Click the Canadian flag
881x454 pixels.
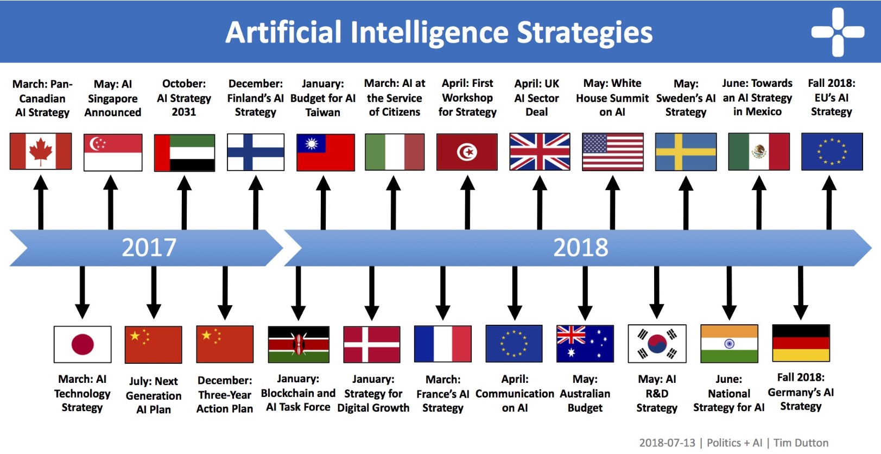point(41,151)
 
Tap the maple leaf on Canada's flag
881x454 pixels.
point(41,152)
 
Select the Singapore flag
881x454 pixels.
point(113,152)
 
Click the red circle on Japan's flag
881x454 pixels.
point(83,344)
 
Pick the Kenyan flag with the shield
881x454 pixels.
point(299,344)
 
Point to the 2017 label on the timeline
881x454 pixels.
point(149,248)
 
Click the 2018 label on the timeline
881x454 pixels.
point(580,248)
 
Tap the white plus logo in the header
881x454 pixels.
point(838,32)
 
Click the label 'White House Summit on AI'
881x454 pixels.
point(612,98)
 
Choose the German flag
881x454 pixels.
point(801,343)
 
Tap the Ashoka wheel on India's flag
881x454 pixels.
point(729,344)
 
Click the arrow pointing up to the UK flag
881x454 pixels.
point(540,203)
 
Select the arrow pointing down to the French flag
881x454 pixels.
point(443,293)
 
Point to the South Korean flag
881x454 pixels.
point(657,344)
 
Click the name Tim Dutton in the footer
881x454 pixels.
point(801,443)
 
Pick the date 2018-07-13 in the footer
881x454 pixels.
point(667,443)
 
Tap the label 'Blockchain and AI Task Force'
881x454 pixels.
point(298,400)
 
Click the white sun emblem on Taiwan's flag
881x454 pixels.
point(312,144)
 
